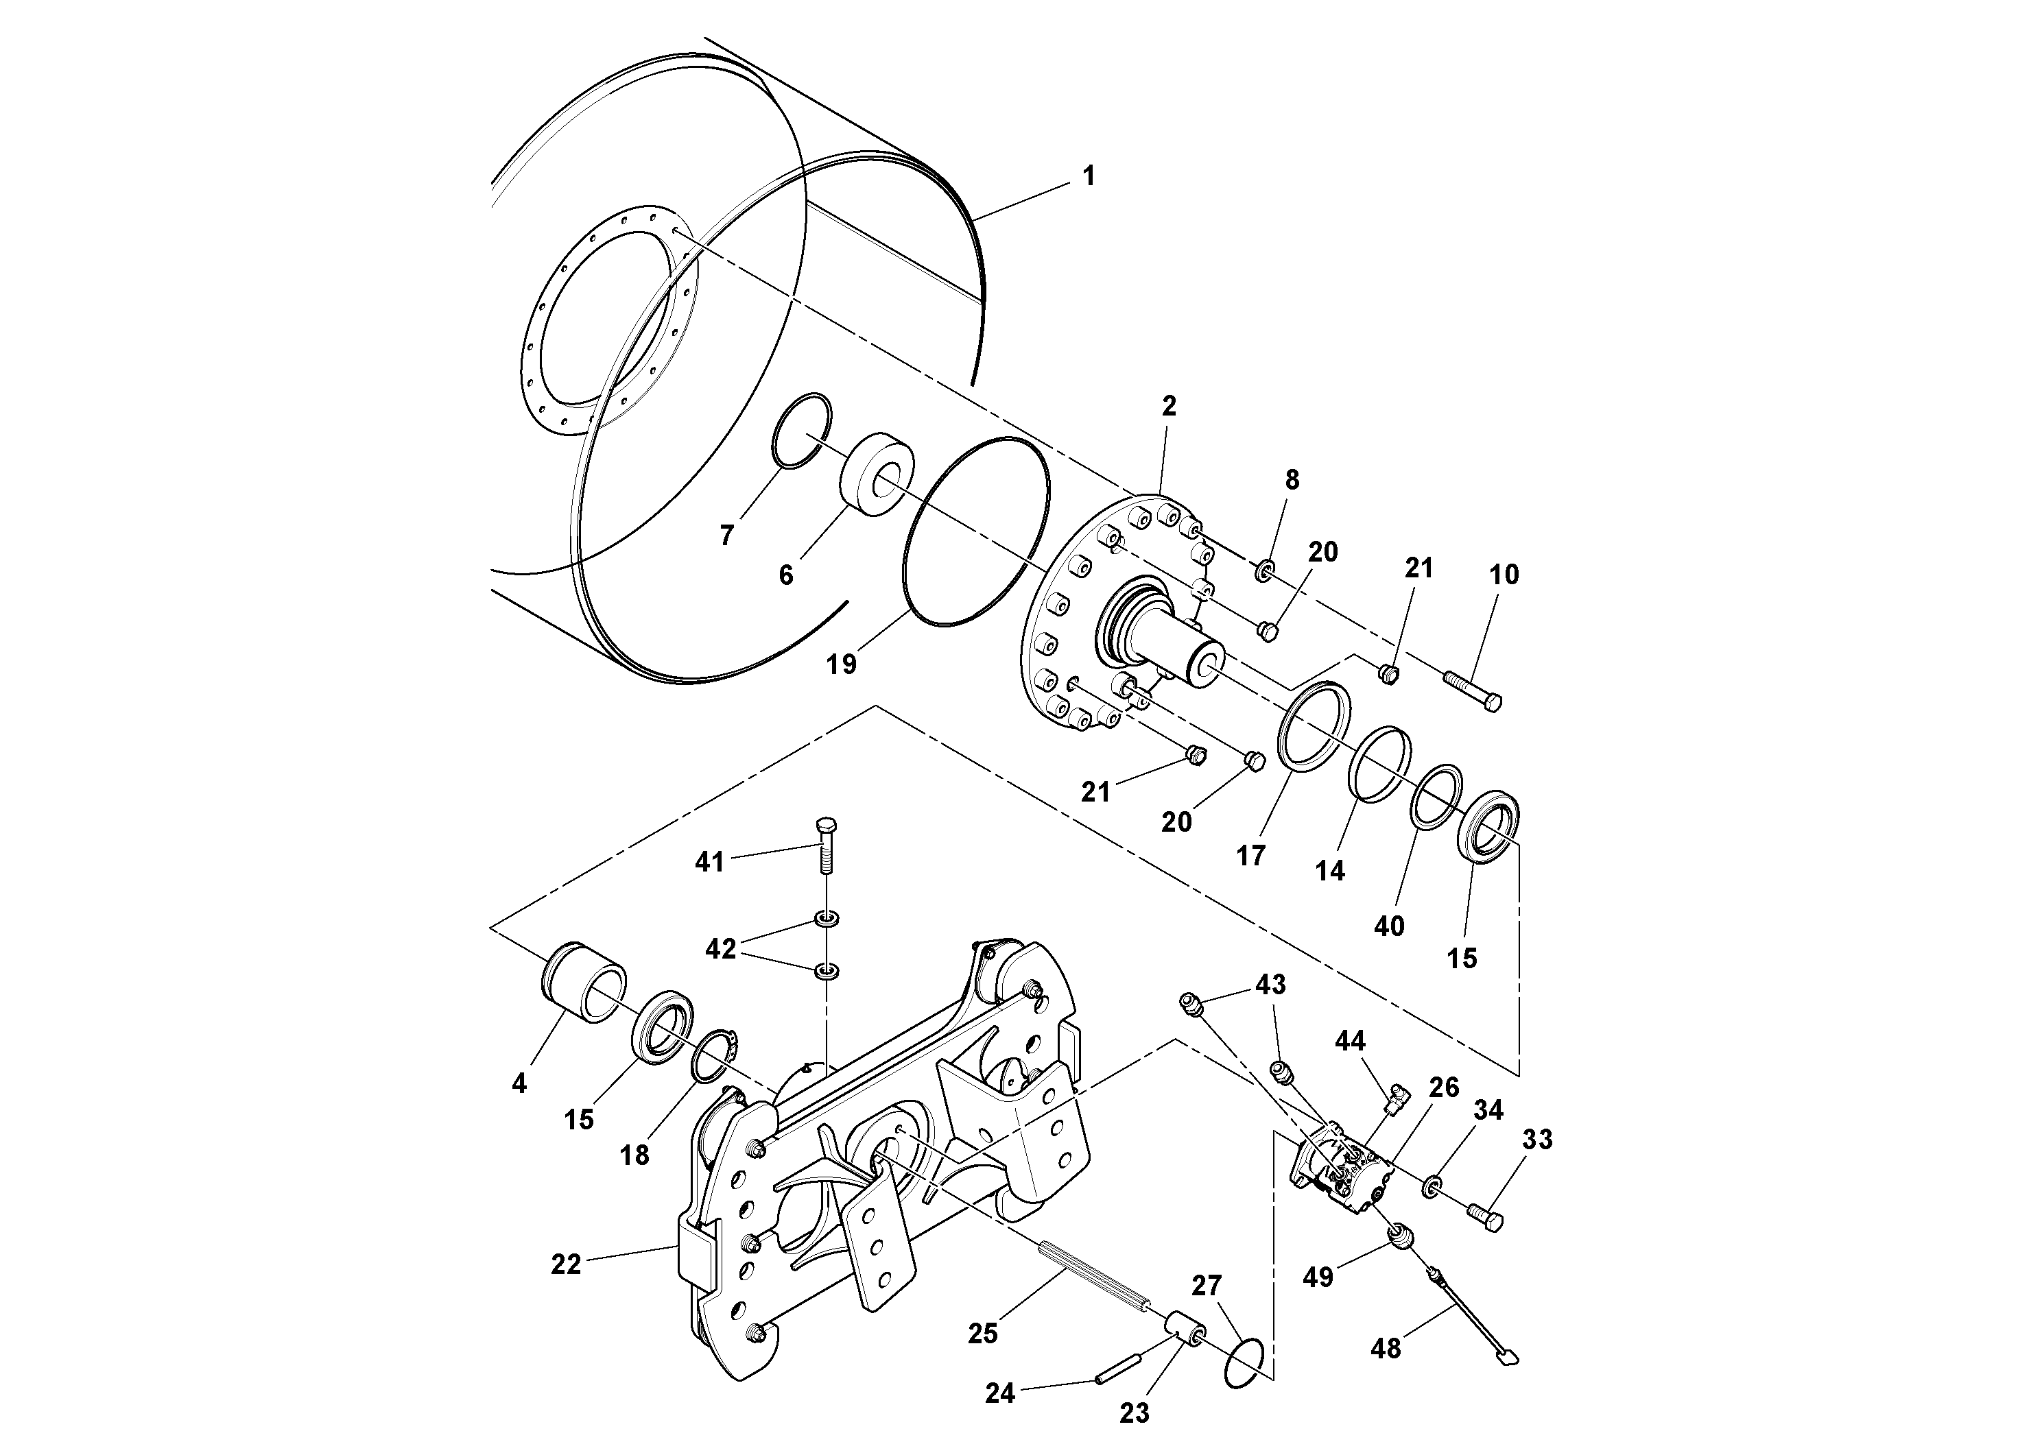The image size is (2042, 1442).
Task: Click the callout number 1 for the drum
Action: click(1089, 176)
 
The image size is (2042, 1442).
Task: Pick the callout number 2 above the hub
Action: click(1169, 407)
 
